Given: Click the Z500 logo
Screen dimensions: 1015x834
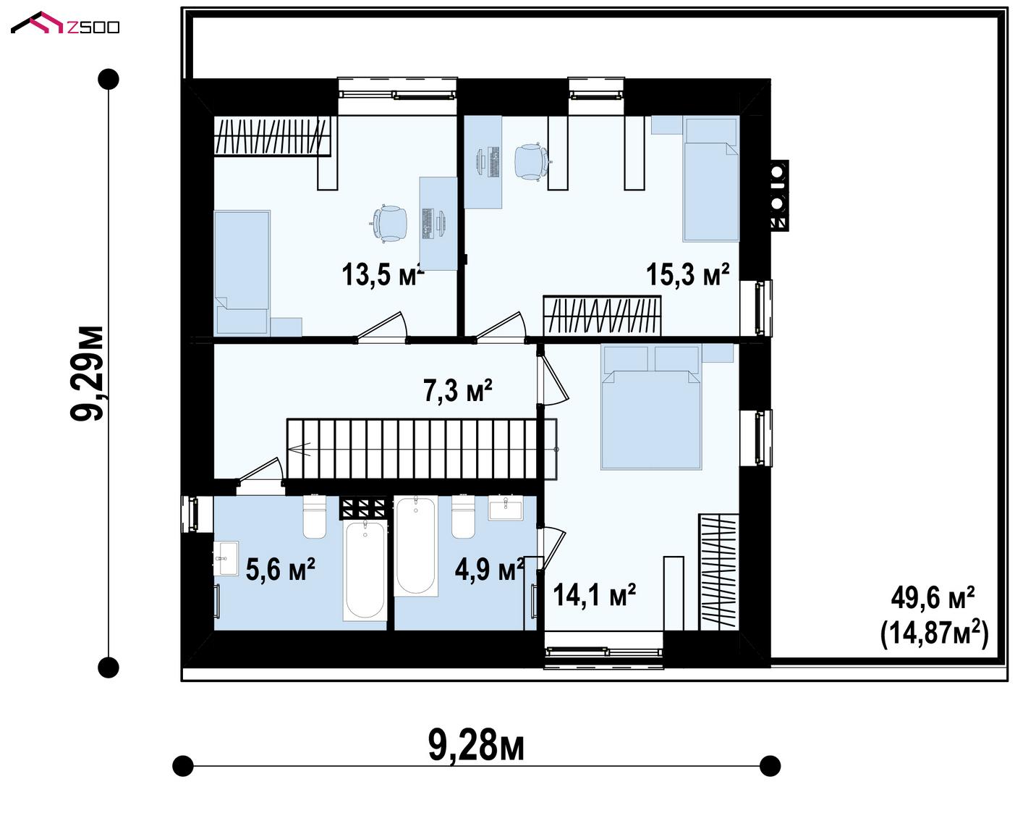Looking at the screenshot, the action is click(x=65, y=23).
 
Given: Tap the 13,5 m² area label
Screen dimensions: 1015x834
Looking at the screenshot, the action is click(x=383, y=274).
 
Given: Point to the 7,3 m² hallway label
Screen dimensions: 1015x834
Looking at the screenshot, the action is click(x=458, y=390).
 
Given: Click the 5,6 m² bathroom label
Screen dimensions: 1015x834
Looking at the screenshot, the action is click(x=280, y=569).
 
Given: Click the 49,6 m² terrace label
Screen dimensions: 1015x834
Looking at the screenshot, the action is click(x=933, y=599).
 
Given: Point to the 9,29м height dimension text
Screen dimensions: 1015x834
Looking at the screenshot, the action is click(x=87, y=373).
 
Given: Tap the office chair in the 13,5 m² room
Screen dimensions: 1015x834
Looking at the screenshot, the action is click(x=389, y=224).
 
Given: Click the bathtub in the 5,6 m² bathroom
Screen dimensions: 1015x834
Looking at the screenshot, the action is click(x=365, y=570).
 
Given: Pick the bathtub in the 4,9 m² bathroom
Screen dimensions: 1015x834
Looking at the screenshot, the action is click(x=416, y=546).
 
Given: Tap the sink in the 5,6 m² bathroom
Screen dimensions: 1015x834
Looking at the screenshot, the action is click(x=226, y=557).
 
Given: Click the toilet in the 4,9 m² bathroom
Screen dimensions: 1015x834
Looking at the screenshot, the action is click(x=463, y=516).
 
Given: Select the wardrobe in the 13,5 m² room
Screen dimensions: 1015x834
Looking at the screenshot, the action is click(x=273, y=136).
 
